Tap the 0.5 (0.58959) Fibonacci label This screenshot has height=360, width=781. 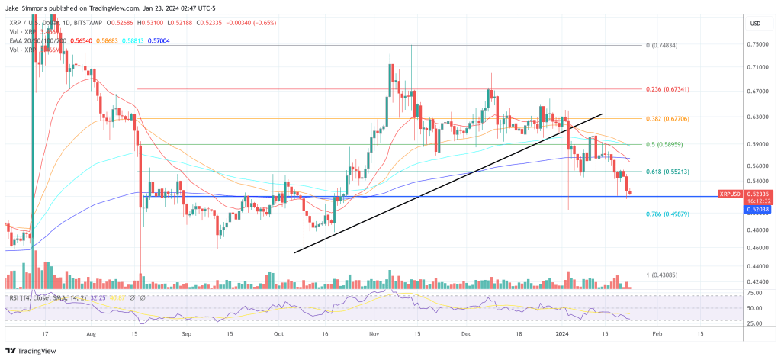coord(664,144)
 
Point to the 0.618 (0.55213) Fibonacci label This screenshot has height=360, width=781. coord(667,172)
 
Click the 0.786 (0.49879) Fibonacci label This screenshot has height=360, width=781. coord(667,214)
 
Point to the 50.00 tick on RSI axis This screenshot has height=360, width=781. coord(754,308)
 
